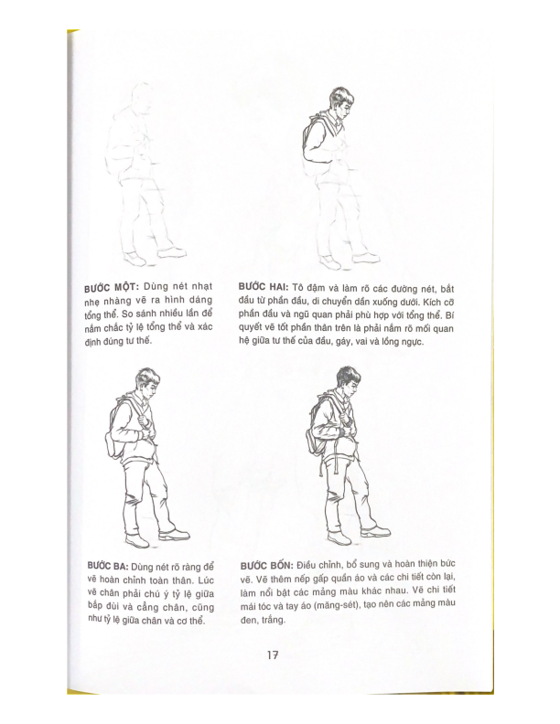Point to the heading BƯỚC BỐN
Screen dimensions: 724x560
pyautogui.click(x=268, y=566)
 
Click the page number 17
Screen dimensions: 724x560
pyautogui.click(x=273, y=655)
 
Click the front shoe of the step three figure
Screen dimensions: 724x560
pyautogui.click(x=173, y=535)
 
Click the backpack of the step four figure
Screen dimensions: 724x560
pyautogui.click(x=318, y=439)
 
